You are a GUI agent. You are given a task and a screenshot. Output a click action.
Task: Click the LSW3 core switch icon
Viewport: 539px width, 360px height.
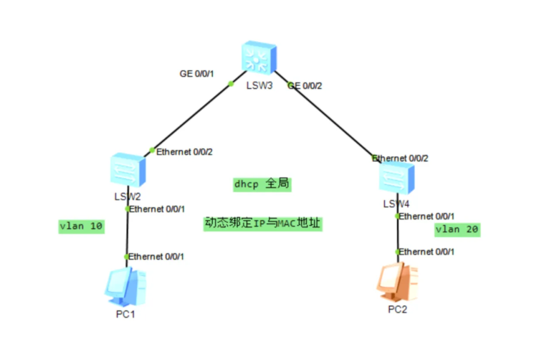258,58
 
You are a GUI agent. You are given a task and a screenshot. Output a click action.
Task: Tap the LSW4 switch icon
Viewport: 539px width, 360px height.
396,178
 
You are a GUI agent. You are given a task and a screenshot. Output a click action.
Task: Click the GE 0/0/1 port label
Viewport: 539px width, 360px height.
196,74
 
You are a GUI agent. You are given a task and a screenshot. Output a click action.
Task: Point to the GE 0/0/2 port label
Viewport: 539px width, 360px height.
305,86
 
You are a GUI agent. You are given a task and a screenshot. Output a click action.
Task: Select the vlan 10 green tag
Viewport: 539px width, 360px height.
81,227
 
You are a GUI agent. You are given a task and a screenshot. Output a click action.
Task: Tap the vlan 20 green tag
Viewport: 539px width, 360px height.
457,229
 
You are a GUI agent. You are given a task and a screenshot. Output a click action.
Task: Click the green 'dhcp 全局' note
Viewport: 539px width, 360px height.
262,184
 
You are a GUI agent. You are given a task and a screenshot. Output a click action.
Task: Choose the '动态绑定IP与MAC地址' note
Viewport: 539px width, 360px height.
263,224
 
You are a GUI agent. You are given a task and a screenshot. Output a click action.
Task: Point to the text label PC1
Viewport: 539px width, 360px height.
125,314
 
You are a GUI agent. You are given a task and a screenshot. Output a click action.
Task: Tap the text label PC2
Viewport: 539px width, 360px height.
397,309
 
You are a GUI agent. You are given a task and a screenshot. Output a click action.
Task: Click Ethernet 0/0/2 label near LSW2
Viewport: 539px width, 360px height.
184,152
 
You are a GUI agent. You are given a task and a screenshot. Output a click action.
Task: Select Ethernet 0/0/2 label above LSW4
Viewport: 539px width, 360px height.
400,158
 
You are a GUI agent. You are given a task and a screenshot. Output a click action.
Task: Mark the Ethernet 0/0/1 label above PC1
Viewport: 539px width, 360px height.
156,256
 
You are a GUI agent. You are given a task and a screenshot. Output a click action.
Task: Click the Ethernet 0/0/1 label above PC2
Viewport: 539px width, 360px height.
426,252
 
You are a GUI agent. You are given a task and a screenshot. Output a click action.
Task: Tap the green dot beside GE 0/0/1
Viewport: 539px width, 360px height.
231,83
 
